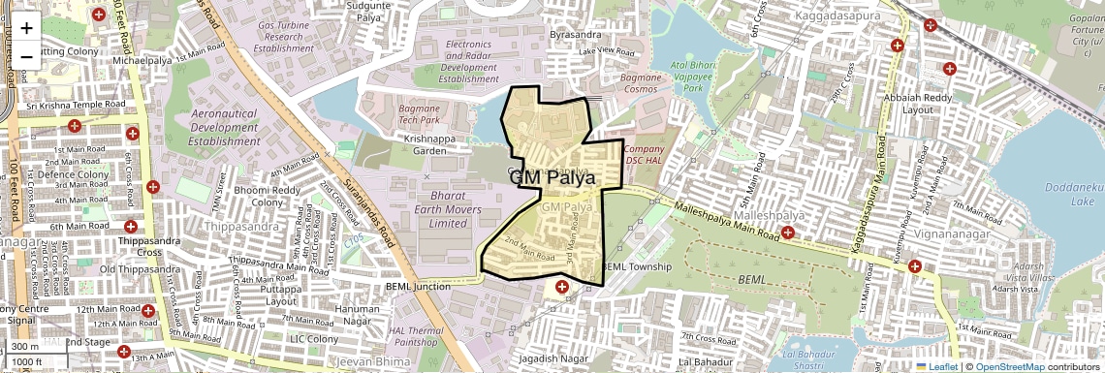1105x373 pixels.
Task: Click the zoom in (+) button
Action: (x=26, y=27)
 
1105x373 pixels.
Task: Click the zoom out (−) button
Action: (x=26, y=56)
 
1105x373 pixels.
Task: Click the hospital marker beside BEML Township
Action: (x=562, y=288)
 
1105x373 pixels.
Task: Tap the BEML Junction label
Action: (x=419, y=287)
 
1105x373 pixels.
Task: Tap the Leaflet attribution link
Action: (x=936, y=366)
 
